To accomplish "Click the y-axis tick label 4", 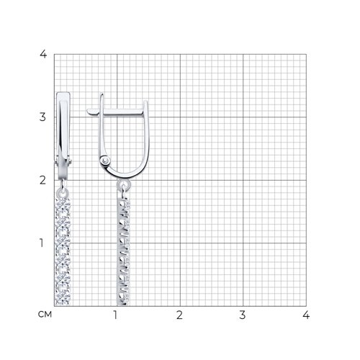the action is click(43, 54).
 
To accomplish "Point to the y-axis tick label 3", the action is click(42, 117).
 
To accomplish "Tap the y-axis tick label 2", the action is click(42, 180).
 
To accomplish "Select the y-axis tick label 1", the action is click(42, 243).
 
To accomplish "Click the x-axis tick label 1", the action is click(115, 315).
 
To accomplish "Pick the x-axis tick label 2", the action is click(179, 315).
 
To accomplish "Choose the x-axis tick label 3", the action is click(243, 315).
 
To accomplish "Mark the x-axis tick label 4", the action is click(306, 315).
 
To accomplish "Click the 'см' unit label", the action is click(45, 315).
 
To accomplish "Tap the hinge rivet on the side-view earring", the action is click(105, 161).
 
